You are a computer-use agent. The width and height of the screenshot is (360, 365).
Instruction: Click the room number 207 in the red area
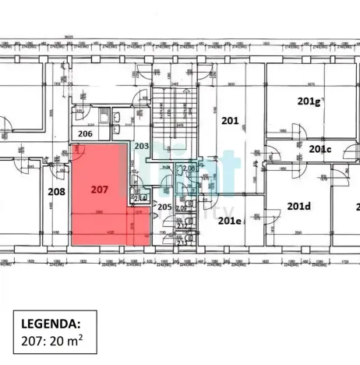pos(98,189)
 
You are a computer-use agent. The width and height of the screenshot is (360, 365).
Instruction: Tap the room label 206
pos(86,133)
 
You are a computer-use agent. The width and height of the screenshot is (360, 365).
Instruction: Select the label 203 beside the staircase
pos(141,146)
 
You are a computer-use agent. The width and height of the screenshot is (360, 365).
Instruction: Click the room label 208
pos(56,191)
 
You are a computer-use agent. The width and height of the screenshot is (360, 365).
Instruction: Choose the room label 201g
pos(309,101)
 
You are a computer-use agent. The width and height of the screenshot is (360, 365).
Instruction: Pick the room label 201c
pos(319,149)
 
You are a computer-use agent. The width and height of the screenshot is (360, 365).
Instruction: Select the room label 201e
pos(228,221)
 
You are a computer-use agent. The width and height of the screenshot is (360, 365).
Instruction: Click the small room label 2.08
pos(188,168)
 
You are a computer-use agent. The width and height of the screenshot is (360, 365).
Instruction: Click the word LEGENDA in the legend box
pos(48,322)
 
